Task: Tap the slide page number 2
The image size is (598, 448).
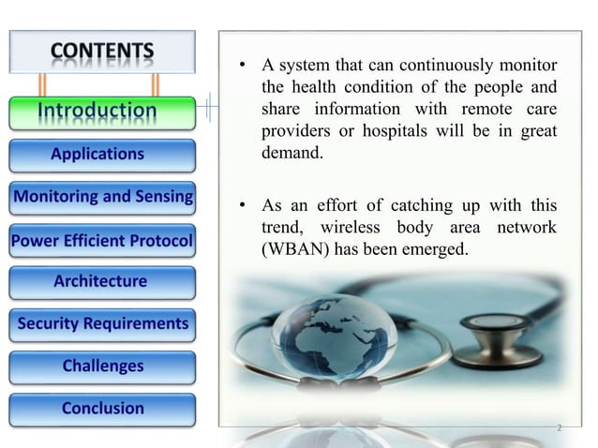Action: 559,428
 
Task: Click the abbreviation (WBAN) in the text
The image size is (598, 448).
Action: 292,252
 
